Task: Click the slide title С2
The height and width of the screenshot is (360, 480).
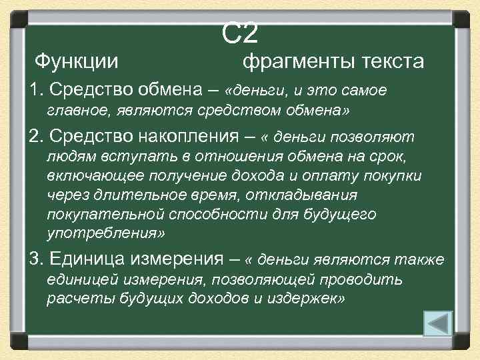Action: coord(240,31)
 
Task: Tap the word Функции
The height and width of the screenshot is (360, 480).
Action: coord(77,61)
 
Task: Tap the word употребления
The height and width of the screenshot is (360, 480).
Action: coord(103,234)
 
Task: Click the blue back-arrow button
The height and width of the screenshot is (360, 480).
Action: coord(438,324)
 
